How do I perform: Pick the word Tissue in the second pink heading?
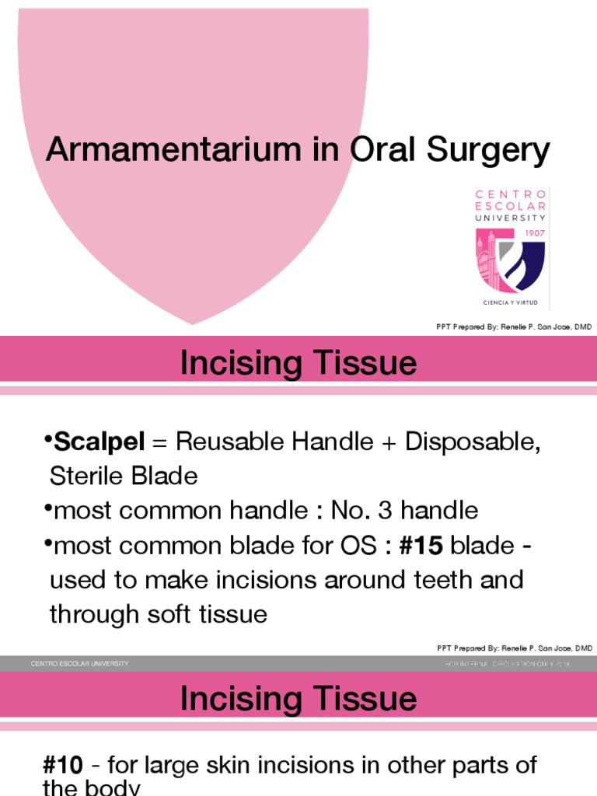tap(367, 699)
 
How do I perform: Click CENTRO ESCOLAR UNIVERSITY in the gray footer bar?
tap(79, 664)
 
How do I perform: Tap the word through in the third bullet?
tap(91, 615)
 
